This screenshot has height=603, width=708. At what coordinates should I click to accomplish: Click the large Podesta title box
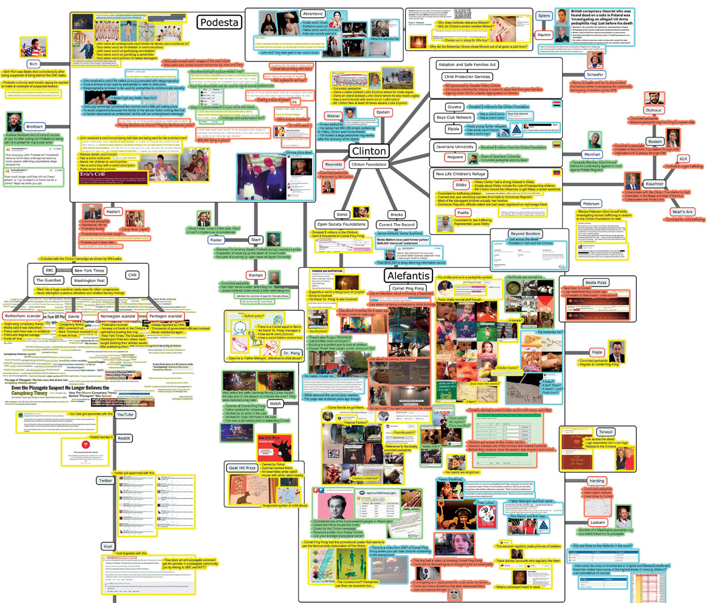point(219,22)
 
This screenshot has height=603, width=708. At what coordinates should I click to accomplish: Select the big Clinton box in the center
point(369,151)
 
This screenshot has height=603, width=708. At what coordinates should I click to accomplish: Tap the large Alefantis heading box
point(408,276)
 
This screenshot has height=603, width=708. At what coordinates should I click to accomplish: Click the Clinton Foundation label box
point(369,164)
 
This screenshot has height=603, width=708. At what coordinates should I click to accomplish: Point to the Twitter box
point(105,481)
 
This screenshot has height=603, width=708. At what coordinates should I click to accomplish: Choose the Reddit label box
point(124,438)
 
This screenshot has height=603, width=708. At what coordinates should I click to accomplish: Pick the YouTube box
point(125,414)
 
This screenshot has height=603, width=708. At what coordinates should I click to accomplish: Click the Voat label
point(108,546)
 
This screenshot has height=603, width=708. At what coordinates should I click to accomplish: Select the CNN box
point(132,275)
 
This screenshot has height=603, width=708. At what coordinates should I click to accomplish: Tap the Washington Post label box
point(89,281)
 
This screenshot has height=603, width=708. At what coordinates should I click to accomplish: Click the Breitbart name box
point(34,126)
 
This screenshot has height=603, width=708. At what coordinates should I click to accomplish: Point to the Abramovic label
point(313,14)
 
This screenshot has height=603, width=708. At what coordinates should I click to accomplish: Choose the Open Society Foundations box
point(341,225)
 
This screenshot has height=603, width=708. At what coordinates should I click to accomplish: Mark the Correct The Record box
point(396,225)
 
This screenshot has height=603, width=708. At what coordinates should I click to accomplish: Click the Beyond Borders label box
point(525,234)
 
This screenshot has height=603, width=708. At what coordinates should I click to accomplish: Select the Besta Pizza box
point(595,283)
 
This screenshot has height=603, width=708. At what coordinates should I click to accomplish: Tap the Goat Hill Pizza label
point(242,468)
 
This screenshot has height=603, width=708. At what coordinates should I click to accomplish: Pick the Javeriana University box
point(455,147)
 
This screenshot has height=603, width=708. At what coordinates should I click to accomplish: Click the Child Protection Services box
point(467,76)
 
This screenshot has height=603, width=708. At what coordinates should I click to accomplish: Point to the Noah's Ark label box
point(682,212)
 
